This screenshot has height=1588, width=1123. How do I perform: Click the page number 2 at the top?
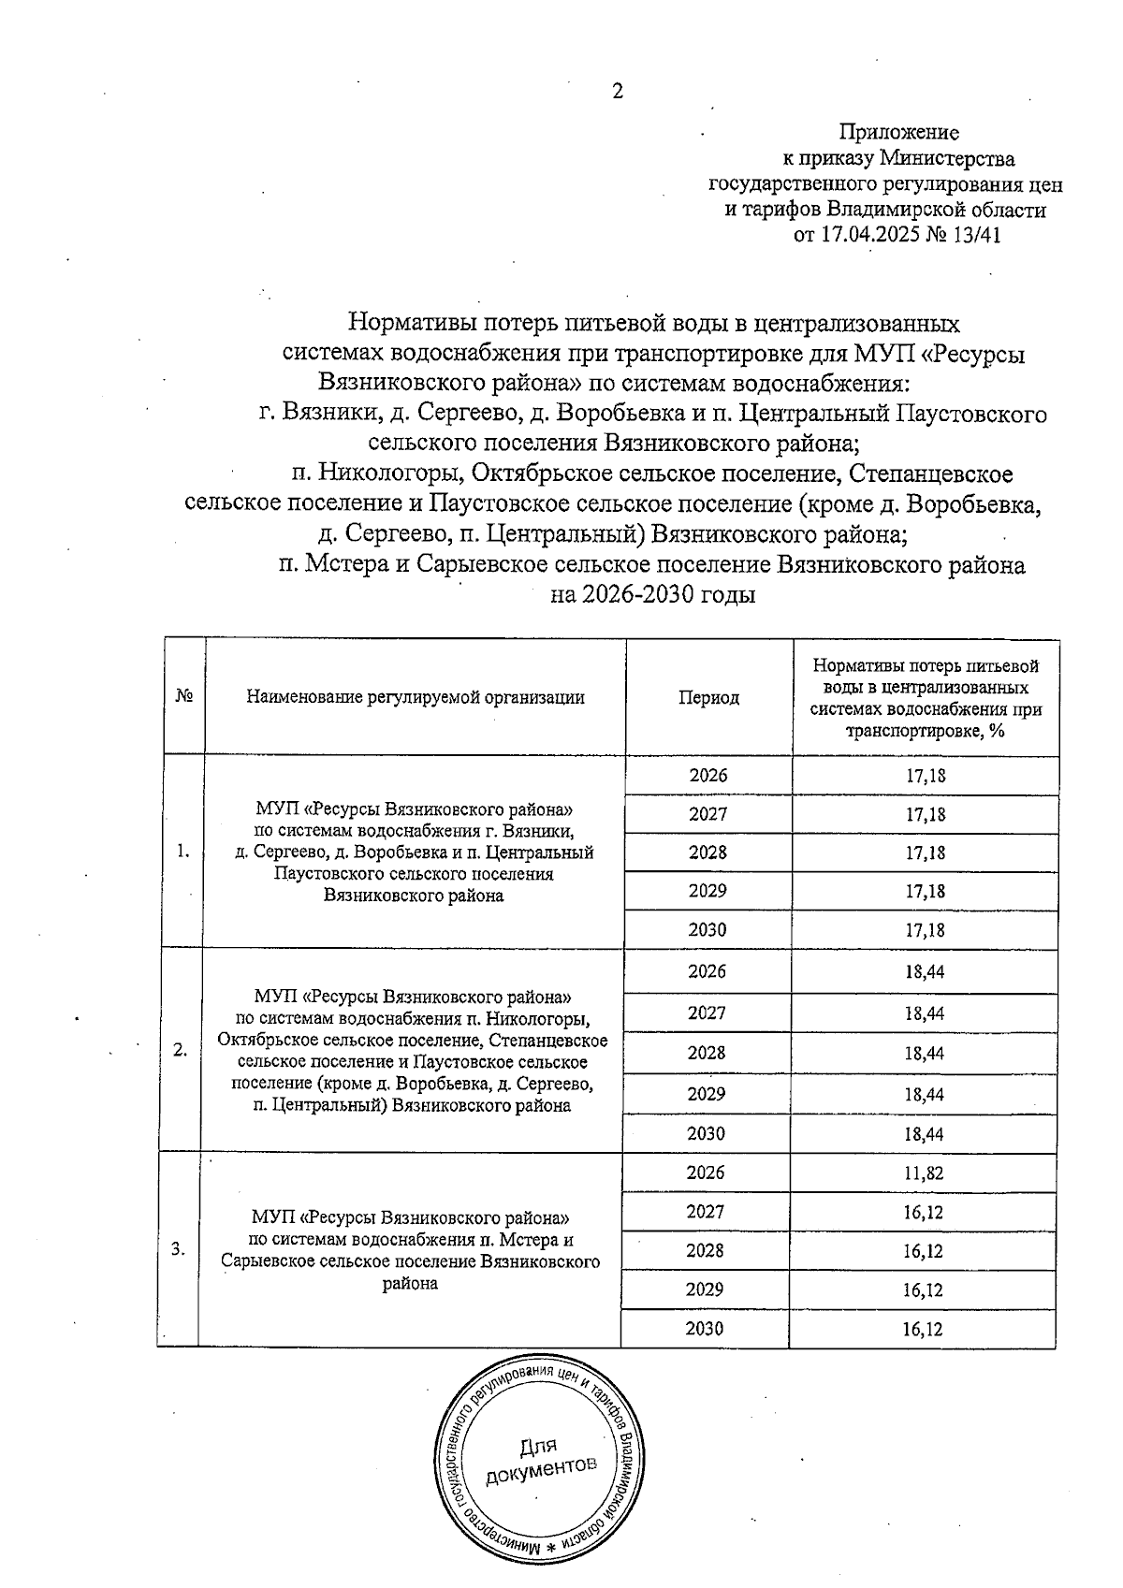tap(617, 91)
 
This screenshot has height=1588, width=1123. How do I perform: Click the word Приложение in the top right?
tap(897, 132)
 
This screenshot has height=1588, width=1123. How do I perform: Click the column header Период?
tap(708, 698)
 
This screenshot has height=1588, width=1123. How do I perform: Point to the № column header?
tap(184, 697)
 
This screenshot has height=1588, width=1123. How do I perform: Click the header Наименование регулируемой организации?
tap(415, 697)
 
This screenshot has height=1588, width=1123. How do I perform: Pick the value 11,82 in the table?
tap(924, 1173)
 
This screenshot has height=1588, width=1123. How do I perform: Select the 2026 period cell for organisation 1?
tap(708, 776)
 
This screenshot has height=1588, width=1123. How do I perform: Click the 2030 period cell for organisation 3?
tap(705, 1329)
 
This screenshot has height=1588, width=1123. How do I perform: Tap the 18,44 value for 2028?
tap(925, 1054)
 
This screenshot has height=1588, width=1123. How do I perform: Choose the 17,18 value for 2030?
tap(925, 930)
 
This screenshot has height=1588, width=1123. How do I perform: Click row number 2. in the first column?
tap(181, 1050)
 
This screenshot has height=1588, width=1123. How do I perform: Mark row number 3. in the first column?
tap(179, 1249)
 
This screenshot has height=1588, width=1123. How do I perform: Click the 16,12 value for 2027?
tap(924, 1213)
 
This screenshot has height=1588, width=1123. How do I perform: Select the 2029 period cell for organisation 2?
tap(707, 1093)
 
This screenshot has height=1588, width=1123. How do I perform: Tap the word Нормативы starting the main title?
tap(408, 324)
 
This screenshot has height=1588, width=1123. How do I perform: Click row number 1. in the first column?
tap(183, 851)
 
